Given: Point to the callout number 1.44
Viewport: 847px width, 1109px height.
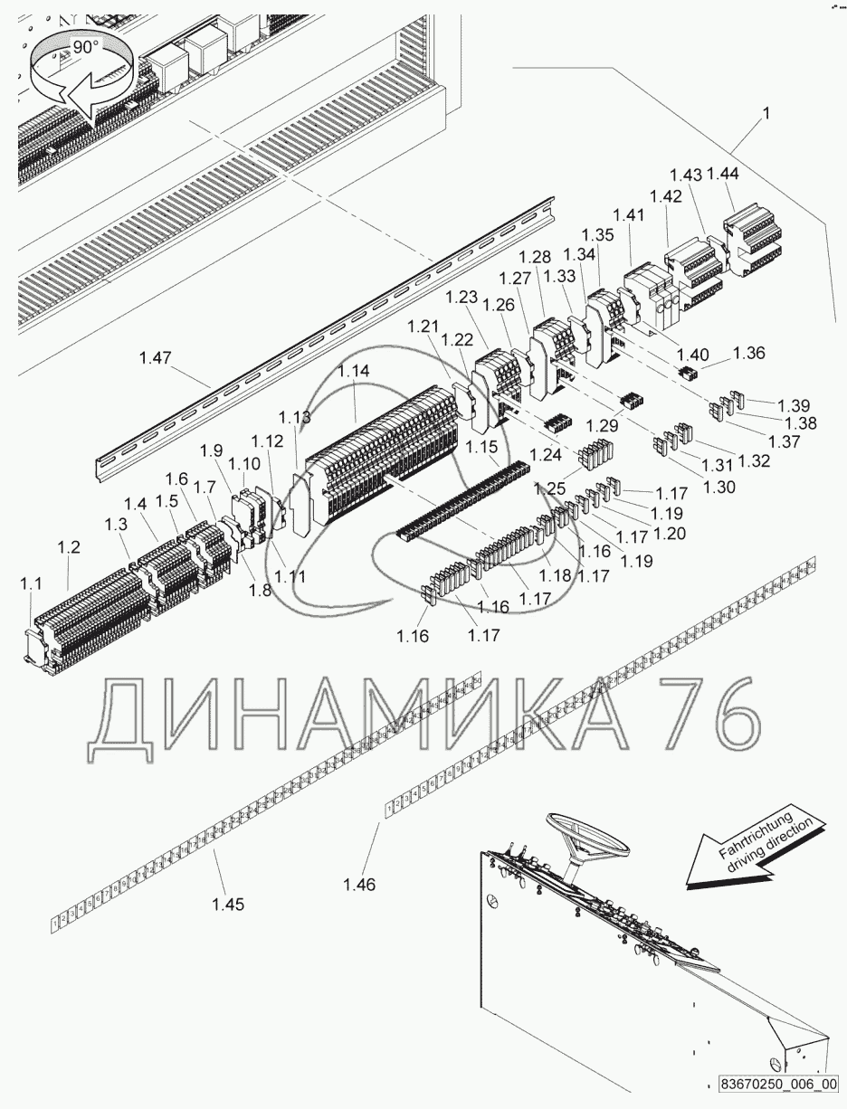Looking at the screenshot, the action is tap(722, 174).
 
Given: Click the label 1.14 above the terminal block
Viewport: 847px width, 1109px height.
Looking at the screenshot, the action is tap(354, 371).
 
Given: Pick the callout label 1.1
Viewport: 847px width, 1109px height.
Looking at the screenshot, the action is tap(32, 585).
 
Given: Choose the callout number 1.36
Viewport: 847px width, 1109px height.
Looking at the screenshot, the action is tap(748, 353).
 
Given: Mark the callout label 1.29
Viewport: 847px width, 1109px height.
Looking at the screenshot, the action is tap(604, 424).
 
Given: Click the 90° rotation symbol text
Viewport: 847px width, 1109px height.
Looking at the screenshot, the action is tap(86, 48).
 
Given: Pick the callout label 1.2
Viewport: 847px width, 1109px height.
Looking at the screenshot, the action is tap(70, 547).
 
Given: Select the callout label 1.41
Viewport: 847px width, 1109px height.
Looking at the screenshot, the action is tap(628, 214).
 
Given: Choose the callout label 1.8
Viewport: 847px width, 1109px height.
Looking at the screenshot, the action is tap(261, 590).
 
